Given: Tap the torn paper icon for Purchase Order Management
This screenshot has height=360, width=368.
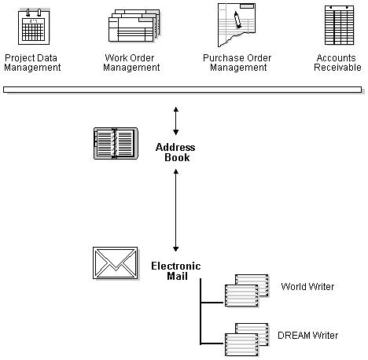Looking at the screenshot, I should pyautogui.click(x=239, y=24).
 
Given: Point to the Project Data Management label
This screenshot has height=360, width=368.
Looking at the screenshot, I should pyautogui.click(x=32, y=63).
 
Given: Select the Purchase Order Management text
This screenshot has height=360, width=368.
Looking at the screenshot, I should pyautogui.click(x=235, y=63).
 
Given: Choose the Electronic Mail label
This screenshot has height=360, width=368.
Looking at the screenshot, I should pyautogui.click(x=176, y=271).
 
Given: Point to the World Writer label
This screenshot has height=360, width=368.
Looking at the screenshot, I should pyautogui.click(x=307, y=287).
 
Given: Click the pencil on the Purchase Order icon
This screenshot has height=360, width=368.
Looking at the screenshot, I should pyautogui.click(x=237, y=19).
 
